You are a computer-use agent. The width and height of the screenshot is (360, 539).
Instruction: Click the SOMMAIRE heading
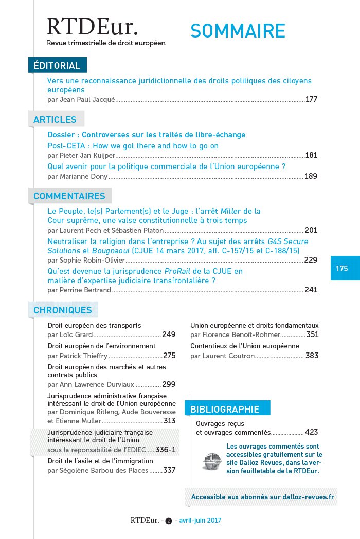click(x=238, y=31)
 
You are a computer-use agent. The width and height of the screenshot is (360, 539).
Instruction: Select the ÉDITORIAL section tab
click(x=57, y=65)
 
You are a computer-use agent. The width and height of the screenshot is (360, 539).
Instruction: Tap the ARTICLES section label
click(x=55, y=120)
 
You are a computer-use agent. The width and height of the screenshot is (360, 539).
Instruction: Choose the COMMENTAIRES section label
click(x=69, y=196)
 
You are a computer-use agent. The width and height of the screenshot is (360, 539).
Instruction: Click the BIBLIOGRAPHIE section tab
click(x=225, y=410)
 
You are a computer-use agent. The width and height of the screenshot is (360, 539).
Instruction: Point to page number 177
click(x=311, y=99)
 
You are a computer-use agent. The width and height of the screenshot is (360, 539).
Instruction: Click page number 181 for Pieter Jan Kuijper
click(x=311, y=155)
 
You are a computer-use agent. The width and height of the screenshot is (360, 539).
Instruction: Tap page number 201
click(x=311, y=230)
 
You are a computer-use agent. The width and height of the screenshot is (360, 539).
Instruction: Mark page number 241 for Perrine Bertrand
click(x=311, y=290)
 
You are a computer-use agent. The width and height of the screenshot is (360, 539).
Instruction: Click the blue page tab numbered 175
click(x=342, y=268)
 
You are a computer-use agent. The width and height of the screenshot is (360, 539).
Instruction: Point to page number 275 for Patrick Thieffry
click(x=169, y=356)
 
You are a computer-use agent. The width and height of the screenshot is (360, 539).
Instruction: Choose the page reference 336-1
click(x=166, y=450)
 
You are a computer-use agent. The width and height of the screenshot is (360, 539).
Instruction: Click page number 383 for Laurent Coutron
click(x=312, y=356)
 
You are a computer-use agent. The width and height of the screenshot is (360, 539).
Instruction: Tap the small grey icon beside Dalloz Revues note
click(x=211, y=460)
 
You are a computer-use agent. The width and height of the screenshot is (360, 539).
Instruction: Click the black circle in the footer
click(x=168, y=521)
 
